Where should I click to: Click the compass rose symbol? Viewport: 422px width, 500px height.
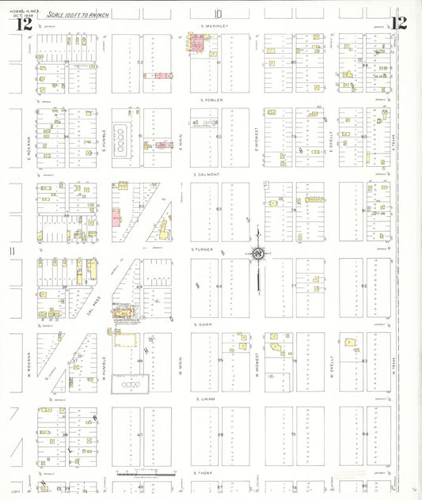tap(258, 253)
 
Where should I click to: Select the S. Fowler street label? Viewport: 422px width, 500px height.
tap(214, 100)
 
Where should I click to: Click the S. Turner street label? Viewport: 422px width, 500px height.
tap(204, 250)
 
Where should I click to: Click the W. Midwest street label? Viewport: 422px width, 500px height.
tap(257, 365)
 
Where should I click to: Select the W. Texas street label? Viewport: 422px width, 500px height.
tap(393, 365)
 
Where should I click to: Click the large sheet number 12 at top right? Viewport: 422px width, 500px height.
tap(398, 22)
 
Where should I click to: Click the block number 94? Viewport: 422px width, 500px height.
tap(365, 434)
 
